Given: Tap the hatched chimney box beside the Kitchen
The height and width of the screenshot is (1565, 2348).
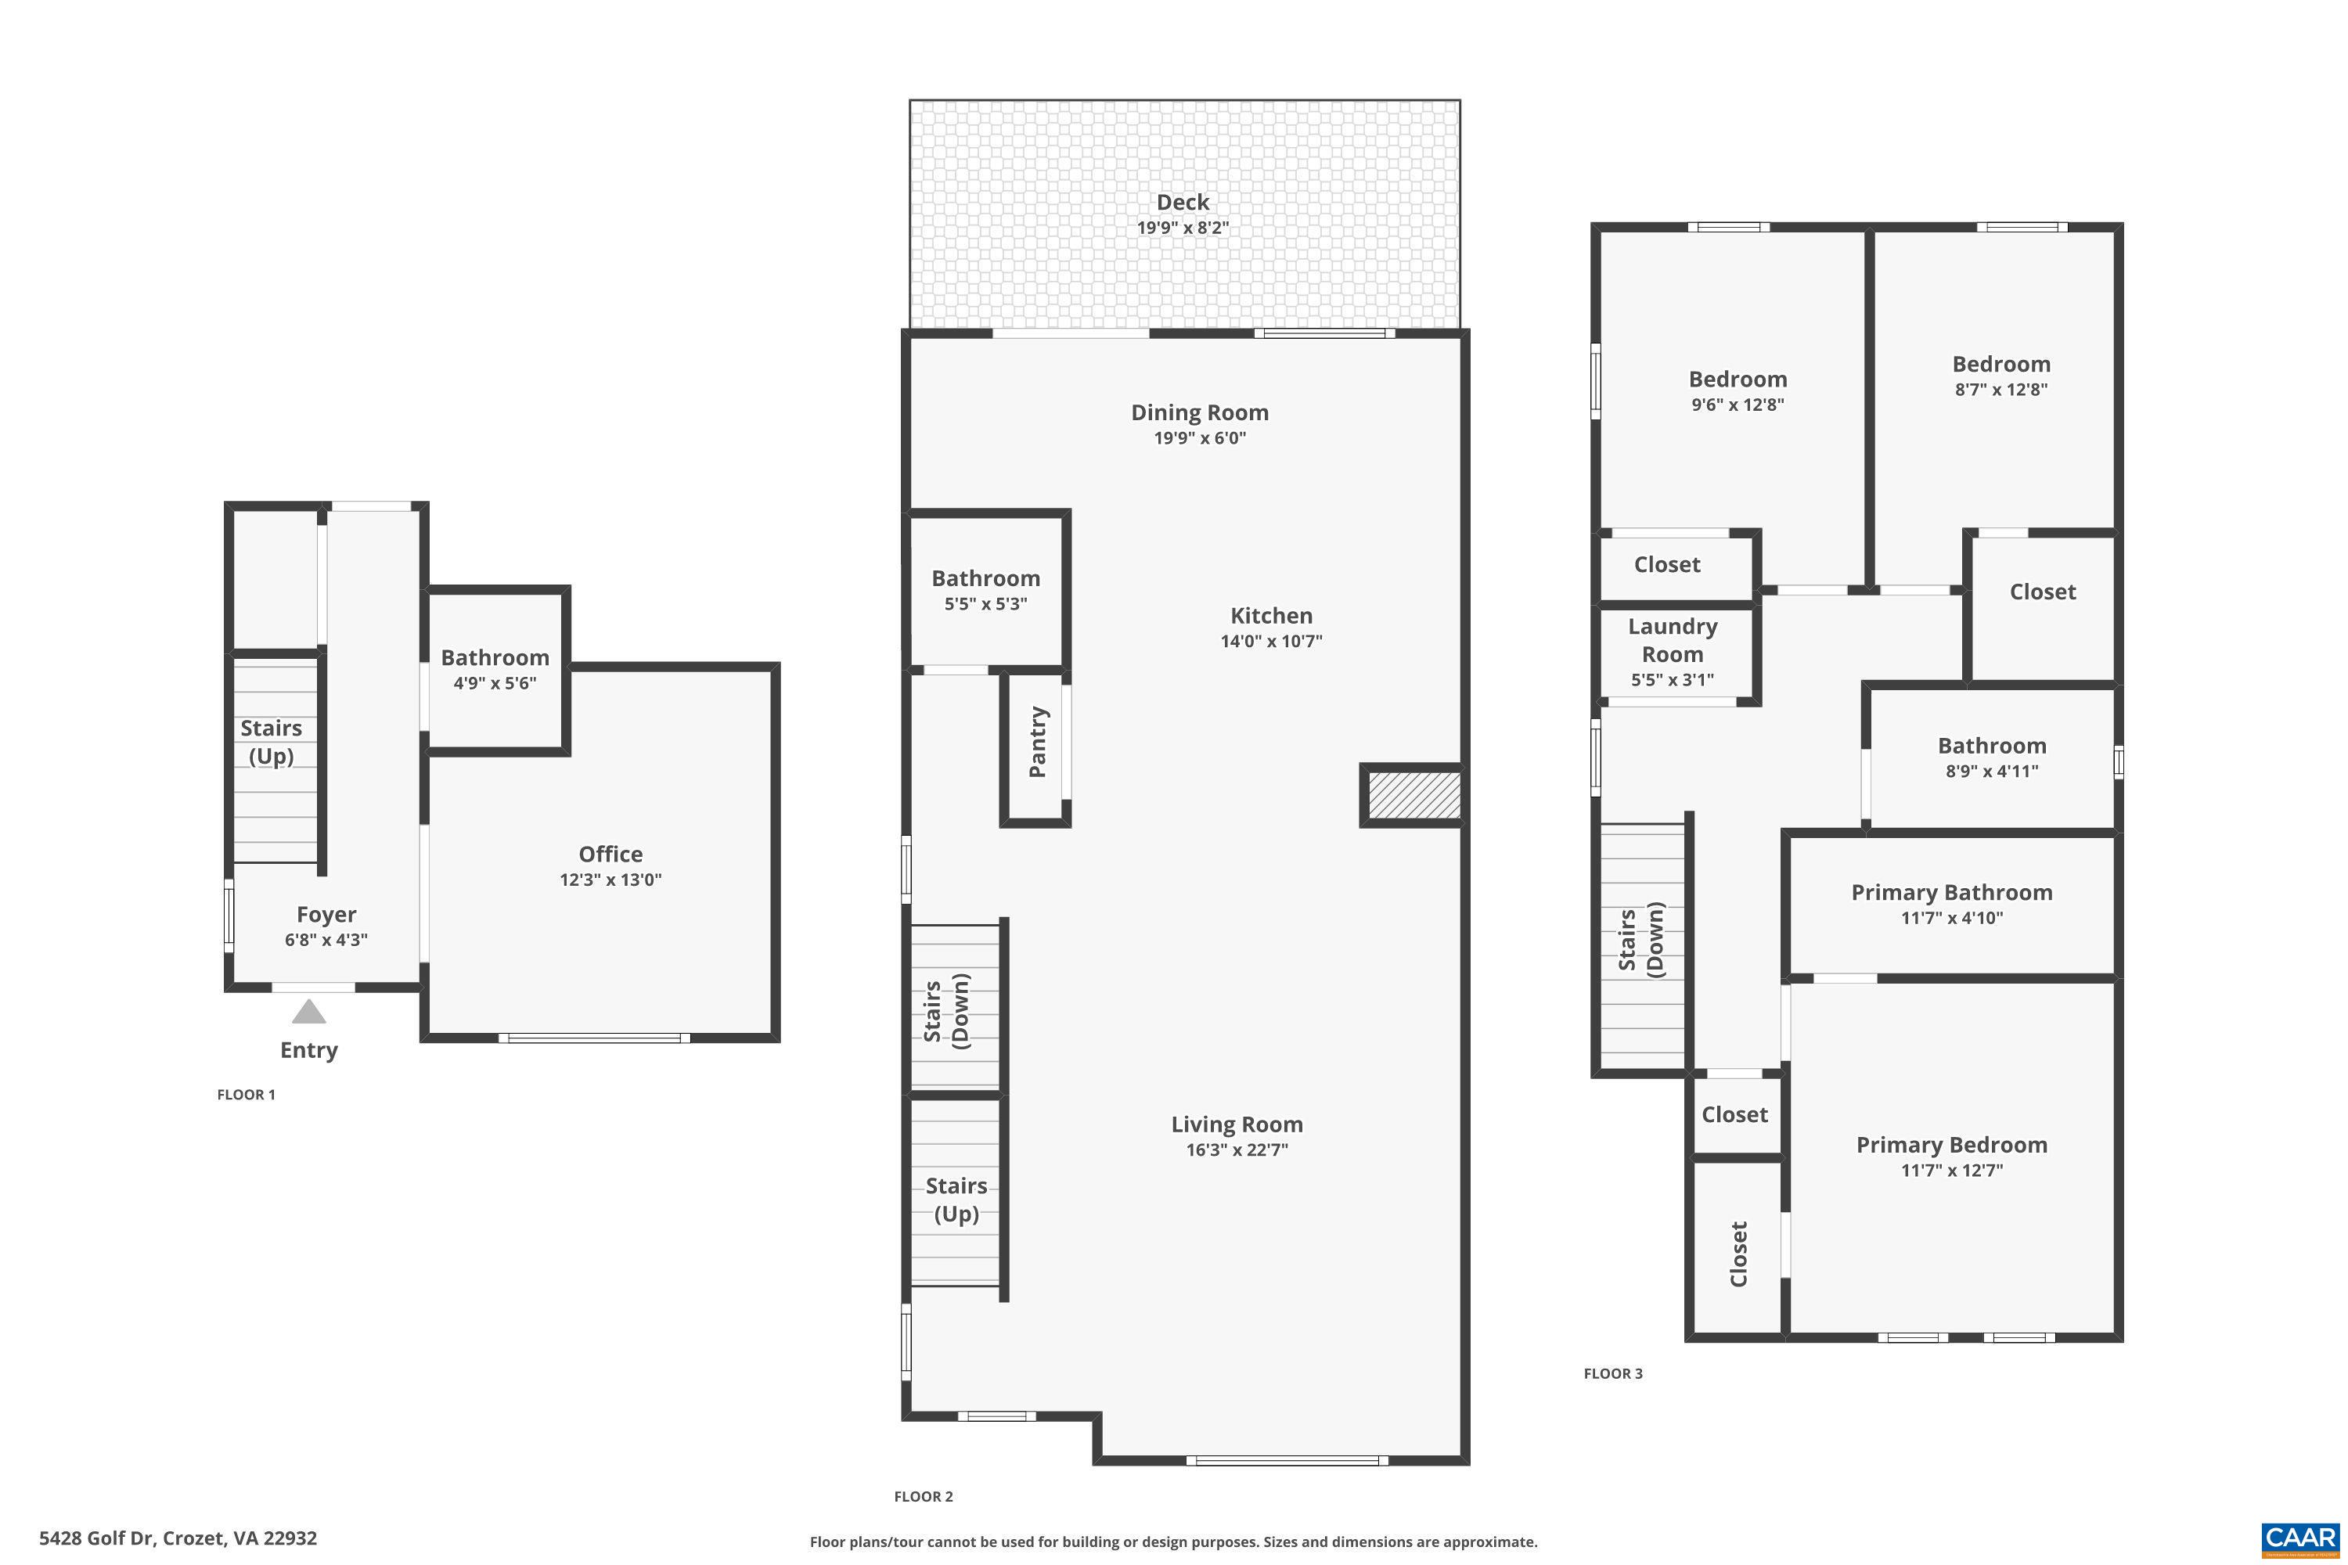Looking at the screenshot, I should (1413, 796).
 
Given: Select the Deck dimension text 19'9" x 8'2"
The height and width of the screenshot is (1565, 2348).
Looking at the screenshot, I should (1182, 228).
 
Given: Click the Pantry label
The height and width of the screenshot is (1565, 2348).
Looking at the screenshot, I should (1037, 742).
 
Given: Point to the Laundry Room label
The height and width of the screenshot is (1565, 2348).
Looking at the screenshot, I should (1672, 640).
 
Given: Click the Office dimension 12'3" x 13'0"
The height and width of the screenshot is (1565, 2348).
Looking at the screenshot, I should (610, 880).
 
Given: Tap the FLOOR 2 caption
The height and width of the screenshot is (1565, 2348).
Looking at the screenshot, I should (923, 1496).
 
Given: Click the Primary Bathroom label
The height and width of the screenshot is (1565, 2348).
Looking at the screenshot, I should (1950, 892).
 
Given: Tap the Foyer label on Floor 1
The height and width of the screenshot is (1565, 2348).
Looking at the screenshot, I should (326, 914).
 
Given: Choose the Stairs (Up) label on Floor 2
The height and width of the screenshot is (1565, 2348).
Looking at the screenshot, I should (956, 1200).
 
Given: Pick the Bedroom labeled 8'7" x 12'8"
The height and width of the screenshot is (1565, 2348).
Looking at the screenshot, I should (2000, 365).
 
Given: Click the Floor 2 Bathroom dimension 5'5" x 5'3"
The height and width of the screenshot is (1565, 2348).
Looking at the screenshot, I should (985, 604).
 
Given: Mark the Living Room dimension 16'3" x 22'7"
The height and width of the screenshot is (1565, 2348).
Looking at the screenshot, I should (1236, 1149).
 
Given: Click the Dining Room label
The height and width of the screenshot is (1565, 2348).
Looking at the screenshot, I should (1199, 412).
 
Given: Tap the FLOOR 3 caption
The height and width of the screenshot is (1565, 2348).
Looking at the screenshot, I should (1612, 1373).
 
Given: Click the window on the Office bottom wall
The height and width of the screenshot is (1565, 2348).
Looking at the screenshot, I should (594, 1038).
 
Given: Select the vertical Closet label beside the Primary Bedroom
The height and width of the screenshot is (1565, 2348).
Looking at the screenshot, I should (1738, 1254).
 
